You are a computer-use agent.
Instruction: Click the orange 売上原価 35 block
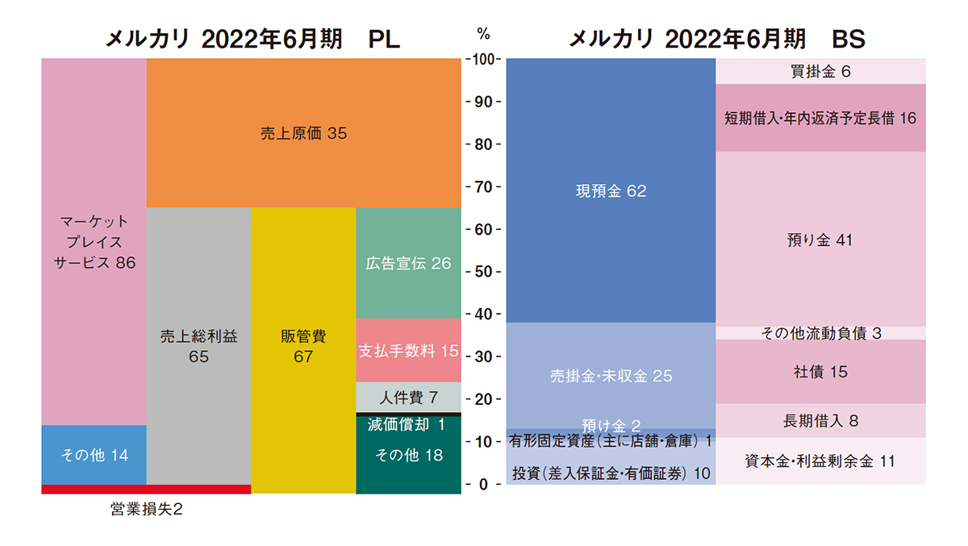click(303, 133)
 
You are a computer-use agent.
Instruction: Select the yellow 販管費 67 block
click(303, 347)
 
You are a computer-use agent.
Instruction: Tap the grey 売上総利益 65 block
click(198, 347)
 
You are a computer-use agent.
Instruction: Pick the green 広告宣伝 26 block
click(408, 263)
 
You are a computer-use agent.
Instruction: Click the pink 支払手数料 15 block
click(408, 351)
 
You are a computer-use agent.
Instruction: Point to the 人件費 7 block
click(408, 397)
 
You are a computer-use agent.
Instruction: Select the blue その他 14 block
click(94, 455)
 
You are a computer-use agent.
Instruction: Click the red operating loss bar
click(145, 489)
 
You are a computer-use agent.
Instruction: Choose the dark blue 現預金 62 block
click(611, 191)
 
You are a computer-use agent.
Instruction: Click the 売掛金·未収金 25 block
click(611, 376)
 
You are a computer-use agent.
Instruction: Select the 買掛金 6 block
click(820, 71)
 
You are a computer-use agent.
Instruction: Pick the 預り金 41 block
click(820, 240)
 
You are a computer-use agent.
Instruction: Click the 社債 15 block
click(820, 372)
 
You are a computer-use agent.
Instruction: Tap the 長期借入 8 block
click(820, 420)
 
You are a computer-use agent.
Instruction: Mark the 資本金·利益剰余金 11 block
click(820, 461)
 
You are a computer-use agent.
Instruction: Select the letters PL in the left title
click(383, 39)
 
